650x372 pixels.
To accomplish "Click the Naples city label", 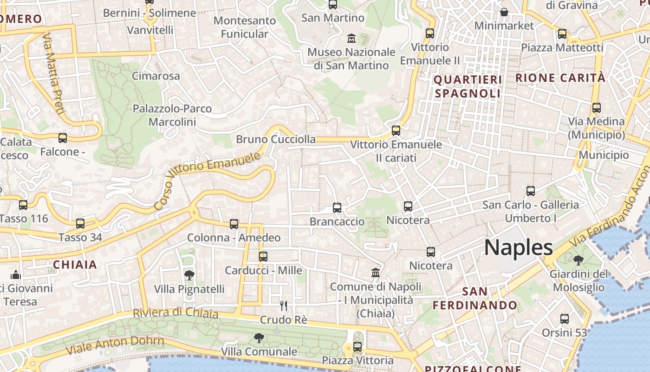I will coord(519,247).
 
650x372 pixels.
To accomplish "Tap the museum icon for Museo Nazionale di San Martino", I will coord(351,38).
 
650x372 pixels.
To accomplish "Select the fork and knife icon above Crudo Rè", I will coord(284,306).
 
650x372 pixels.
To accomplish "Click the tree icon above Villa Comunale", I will coord(259,338).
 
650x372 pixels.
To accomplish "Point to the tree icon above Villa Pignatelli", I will coord(189,275).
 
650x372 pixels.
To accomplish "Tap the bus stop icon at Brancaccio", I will coord(337,208).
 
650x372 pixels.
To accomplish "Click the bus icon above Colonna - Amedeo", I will coord(234,224).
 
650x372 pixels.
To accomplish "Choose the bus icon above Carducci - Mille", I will coord(263,256).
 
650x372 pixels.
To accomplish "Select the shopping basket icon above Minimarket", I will coord(504,12).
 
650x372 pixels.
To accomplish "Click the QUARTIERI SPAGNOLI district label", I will coord(468,86).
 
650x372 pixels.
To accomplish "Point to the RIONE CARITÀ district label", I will coord(560,78).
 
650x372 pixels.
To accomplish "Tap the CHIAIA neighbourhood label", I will coord(75,265).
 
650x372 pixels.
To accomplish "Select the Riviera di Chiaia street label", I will coord(175,312).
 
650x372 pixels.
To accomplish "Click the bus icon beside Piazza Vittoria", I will coord(357,346).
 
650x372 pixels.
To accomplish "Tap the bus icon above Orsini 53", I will coord(565,319).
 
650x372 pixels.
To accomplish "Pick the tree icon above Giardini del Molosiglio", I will coord(578,260).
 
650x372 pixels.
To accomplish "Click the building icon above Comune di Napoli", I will coord(376,272).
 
